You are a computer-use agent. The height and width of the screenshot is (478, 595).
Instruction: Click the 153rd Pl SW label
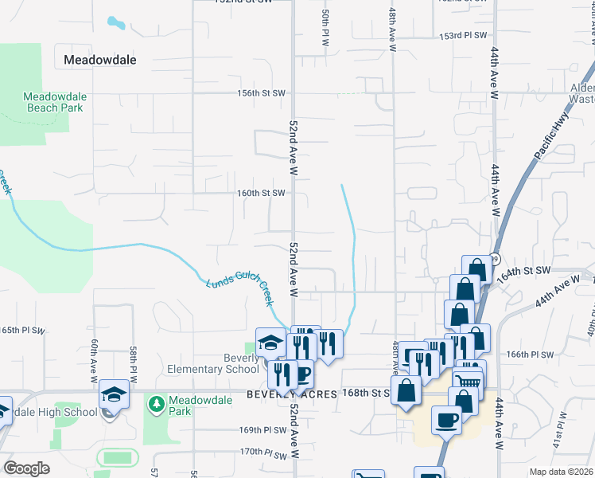pyautogui.click(x=463, y=36)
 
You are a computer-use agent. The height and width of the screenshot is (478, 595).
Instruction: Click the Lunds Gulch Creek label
pyautogui.click(x=239, y=292)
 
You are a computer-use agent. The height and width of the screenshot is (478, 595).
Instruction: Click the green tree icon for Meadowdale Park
pyautogui.click(x=157, y=405)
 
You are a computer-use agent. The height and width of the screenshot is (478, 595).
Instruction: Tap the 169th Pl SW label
pyautogui.click(x=263, y=429)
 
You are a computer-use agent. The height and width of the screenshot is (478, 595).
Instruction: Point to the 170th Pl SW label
pyautogui.click(x=263, y=452)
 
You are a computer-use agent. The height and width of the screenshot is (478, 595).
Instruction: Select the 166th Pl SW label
pyautogui.click(x=529, y=354)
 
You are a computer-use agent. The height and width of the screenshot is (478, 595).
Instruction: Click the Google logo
pyautogui.click(x=27, y=468)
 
